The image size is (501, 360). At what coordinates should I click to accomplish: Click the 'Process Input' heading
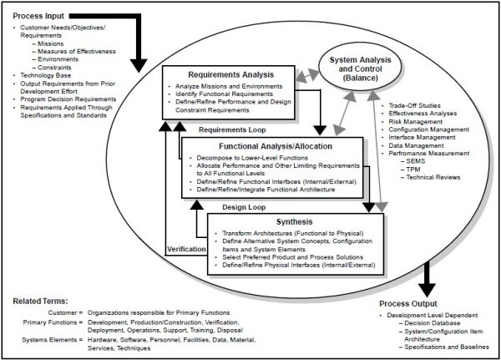click(x=38, y=16)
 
